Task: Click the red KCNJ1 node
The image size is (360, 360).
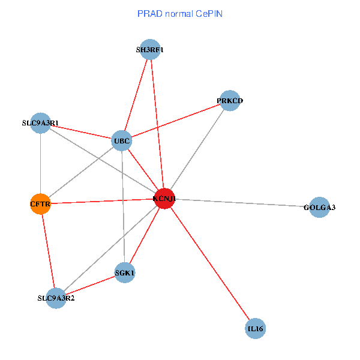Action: [x=164, y=199]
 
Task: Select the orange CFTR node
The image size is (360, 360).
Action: [x=40, y=204]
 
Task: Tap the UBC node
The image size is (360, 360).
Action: [x=122, y=142]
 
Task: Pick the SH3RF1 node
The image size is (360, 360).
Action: [x=149, y=50]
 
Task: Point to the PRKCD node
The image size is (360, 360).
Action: [x=230, y=101]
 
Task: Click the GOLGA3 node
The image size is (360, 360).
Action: [x=319, y=208]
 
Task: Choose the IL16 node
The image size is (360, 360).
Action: [x=256, y=329]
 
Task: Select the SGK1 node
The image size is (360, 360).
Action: [x=125, y=273]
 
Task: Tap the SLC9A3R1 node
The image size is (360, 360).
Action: [x=40, y=123]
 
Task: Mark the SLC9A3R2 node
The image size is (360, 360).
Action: [x=56, y=298]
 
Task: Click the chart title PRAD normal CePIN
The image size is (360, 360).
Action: [x=180, y=13]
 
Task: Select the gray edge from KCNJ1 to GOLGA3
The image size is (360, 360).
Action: [x=242, y=203]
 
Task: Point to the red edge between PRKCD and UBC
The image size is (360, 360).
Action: [x=176, y=121]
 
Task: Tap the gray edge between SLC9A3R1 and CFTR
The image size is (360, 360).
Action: [x=40, y=163]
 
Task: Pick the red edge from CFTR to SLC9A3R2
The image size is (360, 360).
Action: [x=48, y=251]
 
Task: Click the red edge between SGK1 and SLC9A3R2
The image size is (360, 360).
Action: [x=90, y=286]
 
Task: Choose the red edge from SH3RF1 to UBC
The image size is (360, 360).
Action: [x=136, y=96]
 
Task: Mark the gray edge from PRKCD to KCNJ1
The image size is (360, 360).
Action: [x=197, y=150]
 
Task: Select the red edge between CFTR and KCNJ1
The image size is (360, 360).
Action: [x=102, y=202]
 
